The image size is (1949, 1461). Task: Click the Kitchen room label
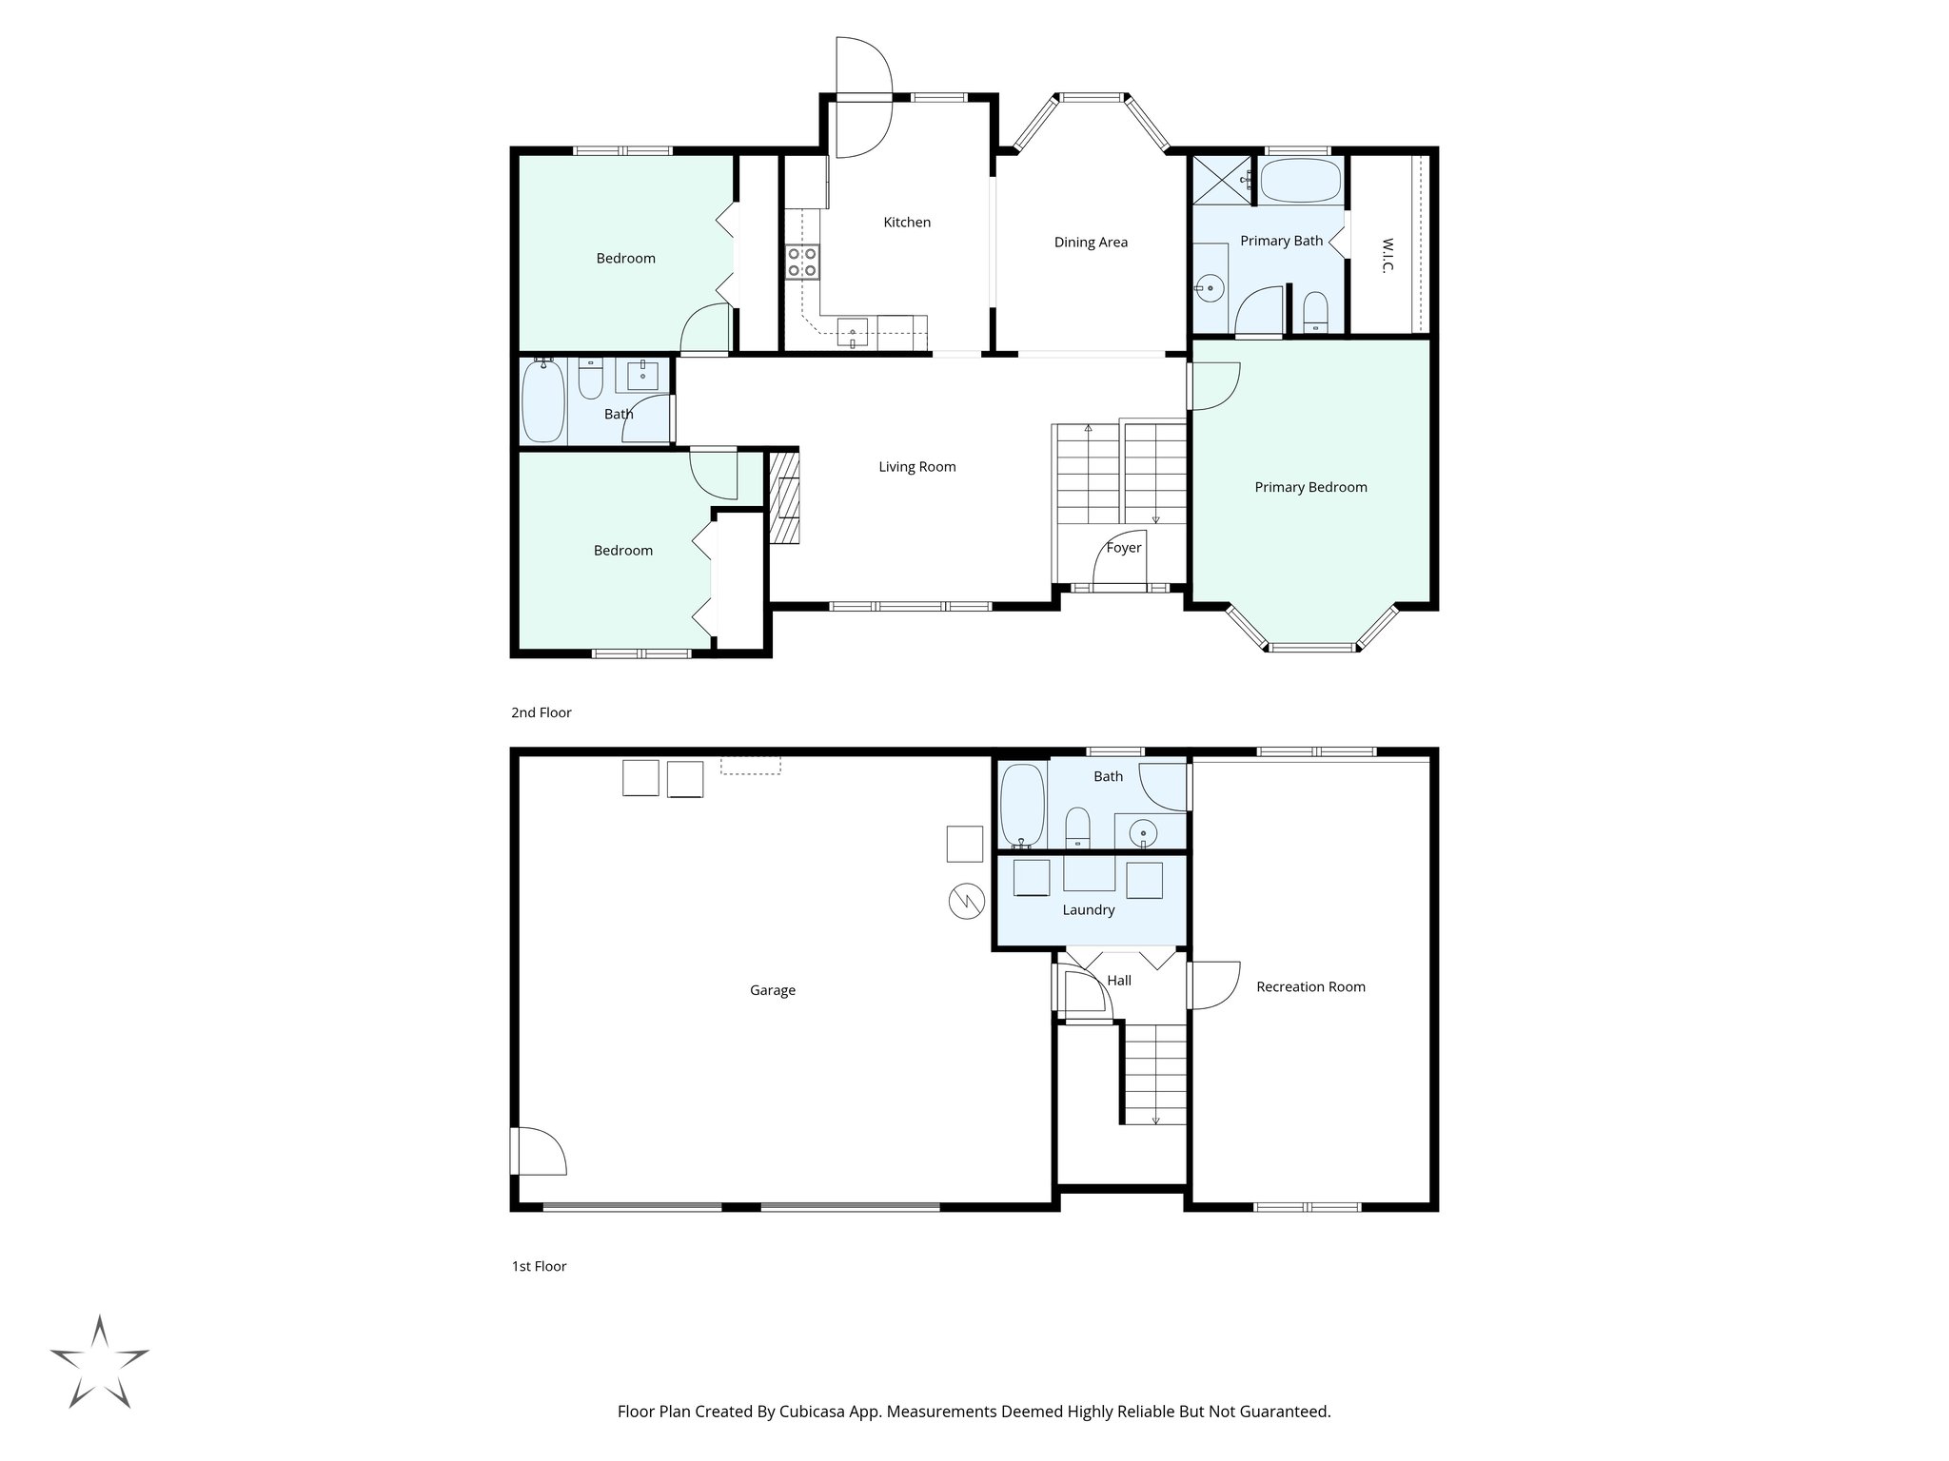(907, 222)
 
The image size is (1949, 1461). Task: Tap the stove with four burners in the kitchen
(802, 262)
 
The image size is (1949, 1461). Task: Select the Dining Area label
(1091, 243)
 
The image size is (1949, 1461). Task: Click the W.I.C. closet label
(1387, 255)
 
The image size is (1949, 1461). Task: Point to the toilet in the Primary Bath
(1315, 312)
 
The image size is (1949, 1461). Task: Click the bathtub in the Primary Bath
(1300, 180)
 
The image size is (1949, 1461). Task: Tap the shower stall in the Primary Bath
(1222, 179)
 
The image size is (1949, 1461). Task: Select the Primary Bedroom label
(1310, 487)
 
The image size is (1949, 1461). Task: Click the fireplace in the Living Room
(785, 497)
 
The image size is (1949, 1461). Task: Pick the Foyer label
(1123, 548)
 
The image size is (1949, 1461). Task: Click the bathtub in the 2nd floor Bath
(542, 399)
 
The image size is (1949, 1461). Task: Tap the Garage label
(772, 990)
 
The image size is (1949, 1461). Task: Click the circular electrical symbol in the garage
(965, 902)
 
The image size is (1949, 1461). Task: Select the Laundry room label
(1088, 910)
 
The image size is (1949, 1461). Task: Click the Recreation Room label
(1310, 987)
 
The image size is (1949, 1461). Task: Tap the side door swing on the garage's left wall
(538, 1151)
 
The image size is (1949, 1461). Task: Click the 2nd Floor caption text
(541, 712)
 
